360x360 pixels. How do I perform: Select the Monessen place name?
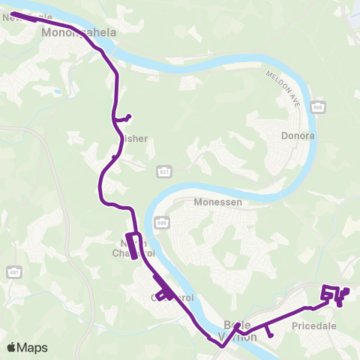(216, 202)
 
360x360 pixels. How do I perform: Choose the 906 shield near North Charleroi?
(160, 223)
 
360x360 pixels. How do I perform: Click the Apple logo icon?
(11, 347)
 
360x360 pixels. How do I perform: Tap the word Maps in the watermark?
(32, 347)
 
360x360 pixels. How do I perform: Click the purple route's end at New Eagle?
(13, 13)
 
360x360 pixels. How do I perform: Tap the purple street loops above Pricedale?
(334, 294)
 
